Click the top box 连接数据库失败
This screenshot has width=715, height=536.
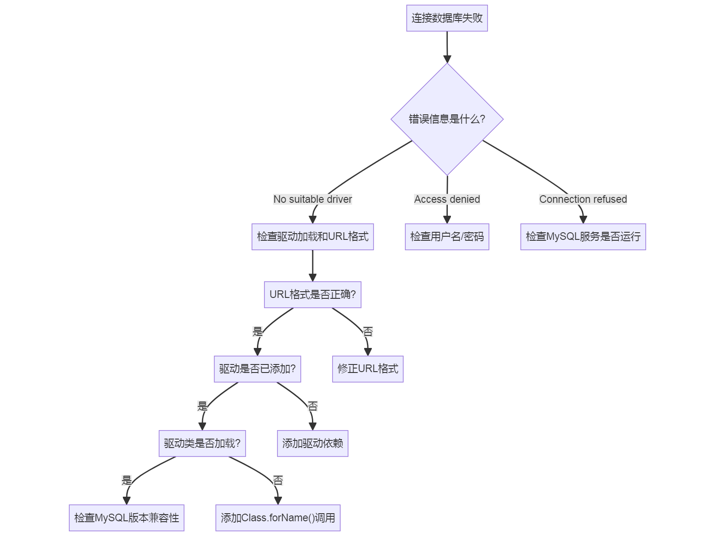coord(447,18)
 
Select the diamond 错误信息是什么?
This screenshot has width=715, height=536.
coord(447,119)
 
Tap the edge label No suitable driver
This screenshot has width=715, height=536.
coord(312,199)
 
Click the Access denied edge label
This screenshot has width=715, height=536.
coord(447,199)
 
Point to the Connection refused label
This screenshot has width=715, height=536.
coord(583,199)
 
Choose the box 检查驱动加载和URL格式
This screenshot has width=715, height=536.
coord(312,237)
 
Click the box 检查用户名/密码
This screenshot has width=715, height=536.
coord(447,237)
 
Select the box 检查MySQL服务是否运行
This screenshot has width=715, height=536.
coord(583,237)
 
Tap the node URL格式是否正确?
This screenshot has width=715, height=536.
coord(312,295)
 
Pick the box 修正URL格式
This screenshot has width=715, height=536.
coord(368,369)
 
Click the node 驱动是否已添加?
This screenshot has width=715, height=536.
coord(257,369)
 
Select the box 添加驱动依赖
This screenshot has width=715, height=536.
coord(312,444)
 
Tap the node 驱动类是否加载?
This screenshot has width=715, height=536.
coord(202,444)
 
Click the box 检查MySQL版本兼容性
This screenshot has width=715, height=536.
coord(126,518)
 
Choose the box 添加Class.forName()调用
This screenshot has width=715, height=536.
coord(278,518)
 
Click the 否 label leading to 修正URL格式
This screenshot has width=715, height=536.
coord(368,331)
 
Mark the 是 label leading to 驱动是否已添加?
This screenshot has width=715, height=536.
coord(257,331)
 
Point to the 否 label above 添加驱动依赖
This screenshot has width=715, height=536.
coord(312,406)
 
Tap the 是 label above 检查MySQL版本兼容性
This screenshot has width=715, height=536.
coord(126,481)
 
